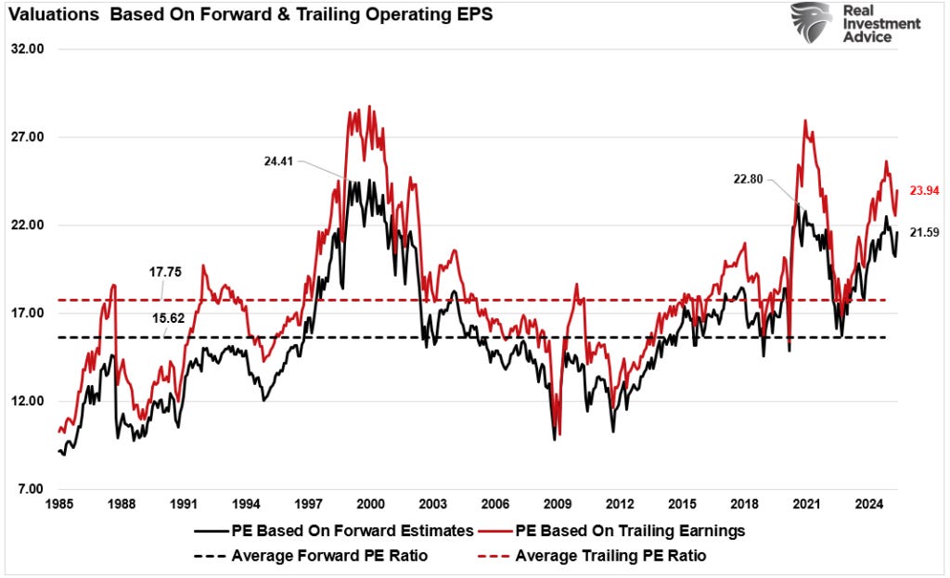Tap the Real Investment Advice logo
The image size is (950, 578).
point(854,23)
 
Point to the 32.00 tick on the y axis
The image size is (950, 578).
point(28,49)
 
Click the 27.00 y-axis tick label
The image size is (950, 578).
point(28,137)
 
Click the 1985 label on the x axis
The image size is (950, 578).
point(59,505)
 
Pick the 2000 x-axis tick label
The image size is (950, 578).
point(371,505)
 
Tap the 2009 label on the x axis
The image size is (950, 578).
point(558,505)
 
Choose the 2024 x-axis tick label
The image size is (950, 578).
point(868,505)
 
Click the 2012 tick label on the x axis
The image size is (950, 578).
point(620,505)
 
